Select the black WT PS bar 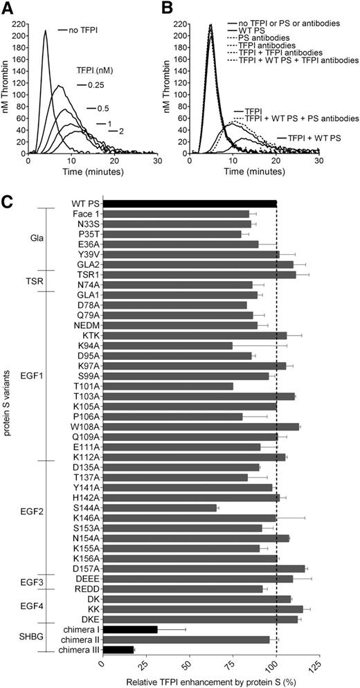pyautogui.click(x=189, y=203)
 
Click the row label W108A pyautogui.click(x=84, y=426)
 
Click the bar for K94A pyautogui.click(x=167, y=345)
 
